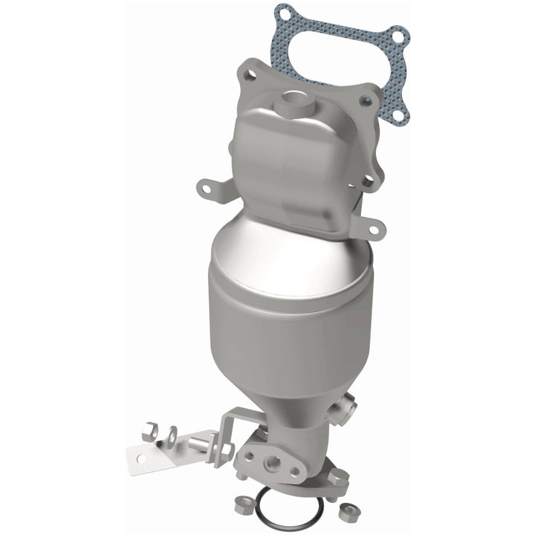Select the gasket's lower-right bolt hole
[x=398, y=115]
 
